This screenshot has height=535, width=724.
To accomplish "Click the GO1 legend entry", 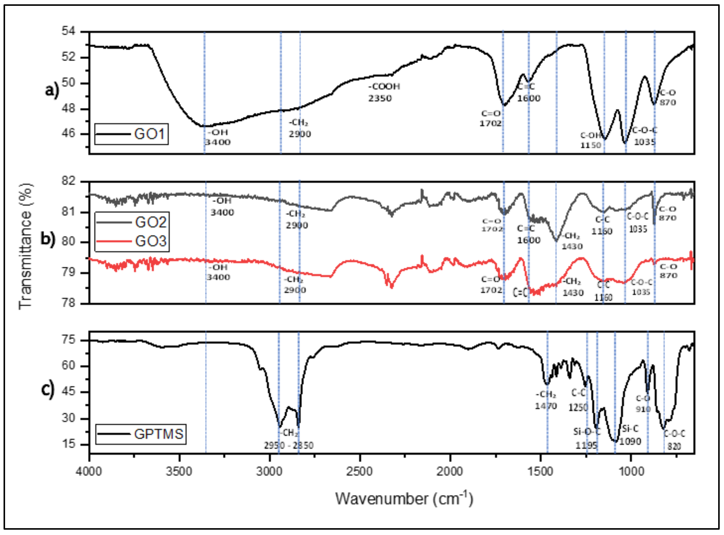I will tap(131, 134).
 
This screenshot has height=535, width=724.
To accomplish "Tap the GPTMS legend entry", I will tap(141, 434).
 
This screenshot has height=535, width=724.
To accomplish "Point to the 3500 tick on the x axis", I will tap(179, 471).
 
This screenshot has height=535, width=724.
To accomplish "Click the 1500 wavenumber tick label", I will tap(540, 471).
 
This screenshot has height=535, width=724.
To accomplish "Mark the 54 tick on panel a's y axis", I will tap(68, 31).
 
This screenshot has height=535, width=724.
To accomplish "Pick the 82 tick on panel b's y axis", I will tap(68, 181).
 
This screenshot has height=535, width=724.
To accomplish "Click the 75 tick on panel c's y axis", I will tap(69, 340).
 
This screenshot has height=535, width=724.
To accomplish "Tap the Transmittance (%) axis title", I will tap(26, 246).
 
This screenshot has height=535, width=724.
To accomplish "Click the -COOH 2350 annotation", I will tap(384, 92).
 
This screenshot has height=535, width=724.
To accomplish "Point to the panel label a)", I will tap(52, 90).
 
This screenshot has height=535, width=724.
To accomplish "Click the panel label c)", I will tap(48, 390).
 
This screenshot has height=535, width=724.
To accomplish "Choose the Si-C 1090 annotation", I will tap(630, 435).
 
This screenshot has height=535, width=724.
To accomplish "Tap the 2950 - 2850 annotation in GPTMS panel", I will tap(288, 446).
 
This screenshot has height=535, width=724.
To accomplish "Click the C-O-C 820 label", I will tap(674, 440).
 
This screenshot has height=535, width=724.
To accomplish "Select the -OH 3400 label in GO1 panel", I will tap(218, 137).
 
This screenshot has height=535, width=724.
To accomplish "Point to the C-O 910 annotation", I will tap(643, 404).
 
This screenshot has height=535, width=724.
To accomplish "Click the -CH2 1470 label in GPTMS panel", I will tap(546, 400).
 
